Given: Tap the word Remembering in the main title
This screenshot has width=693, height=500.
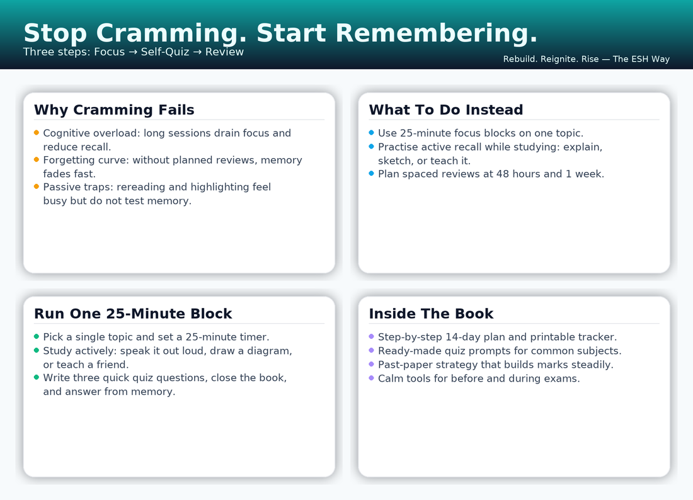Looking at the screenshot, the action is point(436,33).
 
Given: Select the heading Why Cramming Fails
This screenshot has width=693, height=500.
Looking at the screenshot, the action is point(114,110).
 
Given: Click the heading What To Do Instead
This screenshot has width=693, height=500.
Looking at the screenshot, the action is point(446,110).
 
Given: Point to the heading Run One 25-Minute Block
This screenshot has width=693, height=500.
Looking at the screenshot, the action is point(133,314).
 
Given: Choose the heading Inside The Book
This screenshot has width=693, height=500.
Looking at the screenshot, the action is point(431,314).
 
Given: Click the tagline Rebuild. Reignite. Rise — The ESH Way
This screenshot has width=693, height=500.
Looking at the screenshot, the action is point(586,59).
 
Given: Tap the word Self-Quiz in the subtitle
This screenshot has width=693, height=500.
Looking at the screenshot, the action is point(165,52).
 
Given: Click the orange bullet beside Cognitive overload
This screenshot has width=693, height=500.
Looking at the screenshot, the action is point(37,132).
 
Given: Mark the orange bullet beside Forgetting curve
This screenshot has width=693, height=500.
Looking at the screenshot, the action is point(37,159).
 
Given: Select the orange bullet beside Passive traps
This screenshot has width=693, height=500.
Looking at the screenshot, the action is point(37,186).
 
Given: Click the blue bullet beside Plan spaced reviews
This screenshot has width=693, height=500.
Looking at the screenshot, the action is point(371,174).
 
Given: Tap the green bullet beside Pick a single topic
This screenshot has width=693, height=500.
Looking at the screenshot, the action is point(37,336).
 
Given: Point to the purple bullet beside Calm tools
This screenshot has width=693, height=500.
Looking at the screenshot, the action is point(371,378).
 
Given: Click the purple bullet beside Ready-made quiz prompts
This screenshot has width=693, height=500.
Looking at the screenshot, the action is point(371,350).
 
